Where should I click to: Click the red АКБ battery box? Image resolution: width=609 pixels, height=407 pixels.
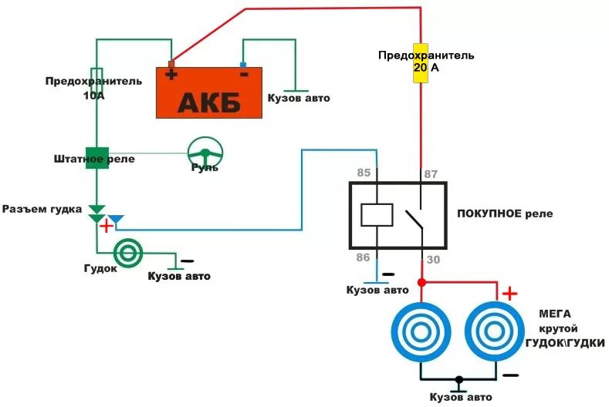(209, 92)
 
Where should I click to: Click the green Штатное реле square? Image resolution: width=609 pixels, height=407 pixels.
(96, 157)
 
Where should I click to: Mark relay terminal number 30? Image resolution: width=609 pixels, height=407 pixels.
(432, 260)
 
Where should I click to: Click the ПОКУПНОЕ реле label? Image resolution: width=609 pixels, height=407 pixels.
(504, 214)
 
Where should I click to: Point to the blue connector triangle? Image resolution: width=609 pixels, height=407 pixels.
(115, 221)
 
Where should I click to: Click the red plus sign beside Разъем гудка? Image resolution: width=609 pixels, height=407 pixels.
(106, 225)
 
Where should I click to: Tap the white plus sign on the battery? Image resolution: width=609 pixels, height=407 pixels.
(171, 75)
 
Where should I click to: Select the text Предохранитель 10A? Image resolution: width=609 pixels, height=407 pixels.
(93, 88)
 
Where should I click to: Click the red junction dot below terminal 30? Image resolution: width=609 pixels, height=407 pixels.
(421, 283)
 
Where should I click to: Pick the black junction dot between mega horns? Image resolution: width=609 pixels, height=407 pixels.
(458, 379)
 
